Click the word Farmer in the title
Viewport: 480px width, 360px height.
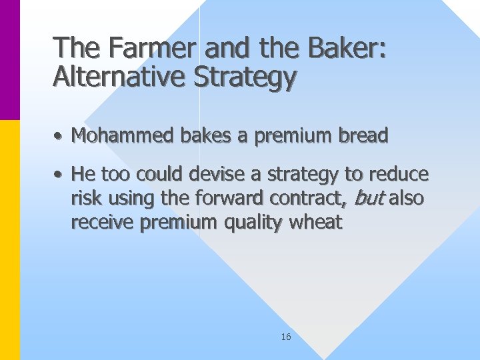143,48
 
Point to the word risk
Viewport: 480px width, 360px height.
85,199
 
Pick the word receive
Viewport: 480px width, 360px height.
103,223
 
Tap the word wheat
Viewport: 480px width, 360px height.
316,223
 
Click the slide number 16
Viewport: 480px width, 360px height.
286,337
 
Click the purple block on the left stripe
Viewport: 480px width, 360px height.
10,60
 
